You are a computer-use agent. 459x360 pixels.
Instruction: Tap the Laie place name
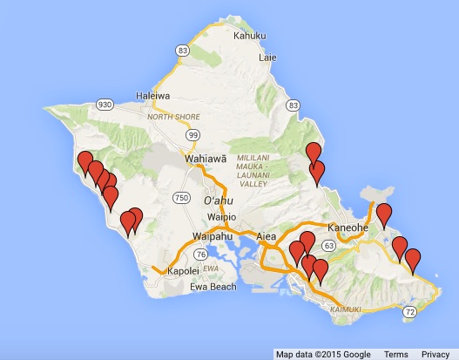coord(268,58)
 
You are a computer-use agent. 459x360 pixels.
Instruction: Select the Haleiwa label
coord(152,96)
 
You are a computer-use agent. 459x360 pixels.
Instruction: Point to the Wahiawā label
coord(206,160)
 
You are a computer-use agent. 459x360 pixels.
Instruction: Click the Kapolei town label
coord(184,271)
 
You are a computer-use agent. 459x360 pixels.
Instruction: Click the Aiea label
coord(266,236)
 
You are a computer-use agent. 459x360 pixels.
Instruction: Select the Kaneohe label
coord(348,228)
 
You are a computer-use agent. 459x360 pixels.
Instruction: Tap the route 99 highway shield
coord(192,135)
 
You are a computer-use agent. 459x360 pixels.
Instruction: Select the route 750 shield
coord(181,198)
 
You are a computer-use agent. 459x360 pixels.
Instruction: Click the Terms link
coord(395,354)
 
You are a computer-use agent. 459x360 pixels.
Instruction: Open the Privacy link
coord(435,354)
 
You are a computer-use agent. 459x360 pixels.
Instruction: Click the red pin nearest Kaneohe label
coord(383,214)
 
